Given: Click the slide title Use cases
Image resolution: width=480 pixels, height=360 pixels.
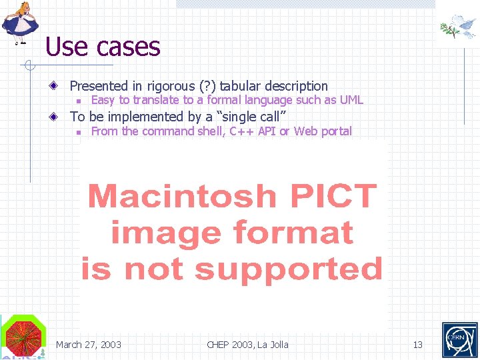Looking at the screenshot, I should [103, 47].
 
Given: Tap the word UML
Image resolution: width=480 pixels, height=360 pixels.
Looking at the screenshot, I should [351, 101].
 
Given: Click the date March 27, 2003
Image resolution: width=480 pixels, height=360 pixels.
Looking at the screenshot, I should [89, 345].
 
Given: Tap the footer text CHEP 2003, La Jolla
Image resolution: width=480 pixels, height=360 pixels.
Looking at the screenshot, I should [247, 345].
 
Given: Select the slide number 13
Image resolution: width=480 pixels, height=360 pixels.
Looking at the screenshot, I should [418, 345].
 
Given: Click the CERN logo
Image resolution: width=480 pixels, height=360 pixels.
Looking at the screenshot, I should [459, 340].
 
